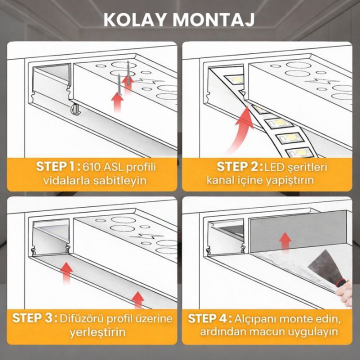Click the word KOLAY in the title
tap(134, 20)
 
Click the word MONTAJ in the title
tap(213, 20)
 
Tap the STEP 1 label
tap(58, 166)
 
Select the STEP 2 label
tap(239, 166)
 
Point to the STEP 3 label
tap(34, 318)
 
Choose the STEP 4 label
tap(210, 318)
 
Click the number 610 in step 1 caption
tap(91, 167)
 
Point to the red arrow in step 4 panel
tap(285, 241)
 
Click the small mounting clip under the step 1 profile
tap(75, 109)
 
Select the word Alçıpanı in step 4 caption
tap(256, 319)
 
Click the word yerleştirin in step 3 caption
tap(98, 332)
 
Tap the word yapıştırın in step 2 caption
tap(290, 180)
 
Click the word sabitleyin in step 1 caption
tap(119, 180)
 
